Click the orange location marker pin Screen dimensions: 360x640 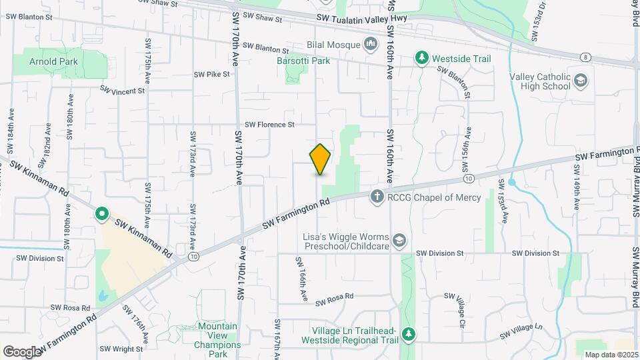click(321, 159)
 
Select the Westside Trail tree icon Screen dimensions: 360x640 click(421, 59)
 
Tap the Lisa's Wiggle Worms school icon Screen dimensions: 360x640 click(399, 241)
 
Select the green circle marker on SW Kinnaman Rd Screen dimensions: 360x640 click(102, 214)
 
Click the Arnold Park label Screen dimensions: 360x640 click(53, 61)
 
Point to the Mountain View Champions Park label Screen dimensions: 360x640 click(217, 335)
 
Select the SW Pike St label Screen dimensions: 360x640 click(211, 75)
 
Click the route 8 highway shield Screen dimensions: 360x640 click(585, 57)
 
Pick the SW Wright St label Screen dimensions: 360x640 click(121, 349)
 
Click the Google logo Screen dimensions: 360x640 click(22, 351)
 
